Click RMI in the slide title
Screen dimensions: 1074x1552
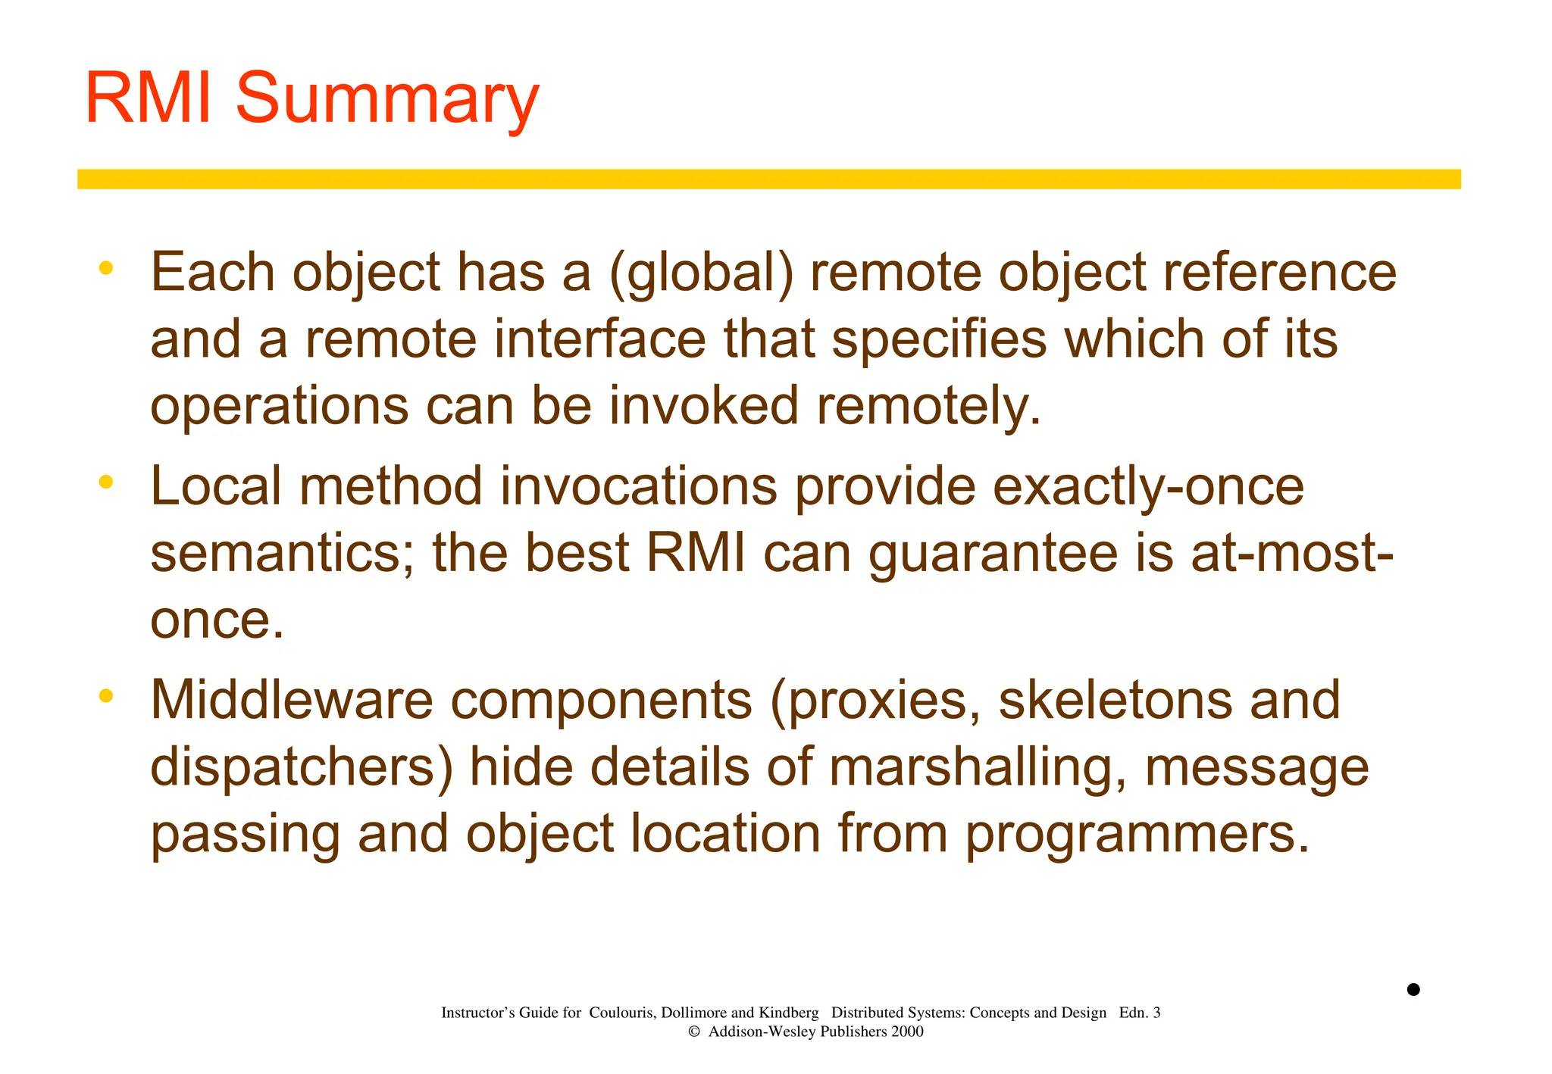click(148, 98)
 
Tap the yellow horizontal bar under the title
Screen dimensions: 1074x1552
click(768, 179)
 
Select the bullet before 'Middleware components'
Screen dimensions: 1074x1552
click(106, 695)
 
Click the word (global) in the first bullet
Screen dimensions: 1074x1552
click(701, 273)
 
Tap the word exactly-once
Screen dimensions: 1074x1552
click(1147, 486)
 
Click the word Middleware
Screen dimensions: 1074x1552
click(292, 700)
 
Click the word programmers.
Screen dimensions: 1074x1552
click(1137, 835)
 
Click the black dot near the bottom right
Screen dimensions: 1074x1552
click(1413, 989)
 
